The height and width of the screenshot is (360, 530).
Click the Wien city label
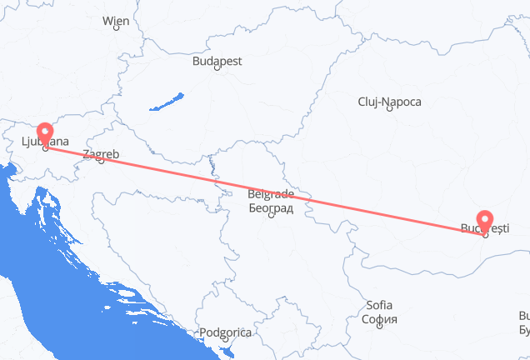[115, 21]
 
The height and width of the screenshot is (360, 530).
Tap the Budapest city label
[217, 61]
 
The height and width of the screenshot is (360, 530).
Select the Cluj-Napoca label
[389, 102]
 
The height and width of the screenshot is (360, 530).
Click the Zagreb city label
[101, 154]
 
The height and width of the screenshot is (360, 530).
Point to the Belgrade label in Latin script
[270, 195]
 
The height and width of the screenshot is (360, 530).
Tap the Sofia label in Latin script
[381, 306]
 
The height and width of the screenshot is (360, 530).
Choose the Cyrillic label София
[381, 318]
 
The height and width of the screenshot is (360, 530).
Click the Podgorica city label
[225, 332]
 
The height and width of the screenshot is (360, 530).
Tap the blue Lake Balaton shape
[167, 103]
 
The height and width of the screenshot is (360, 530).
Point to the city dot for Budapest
[217, 68]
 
